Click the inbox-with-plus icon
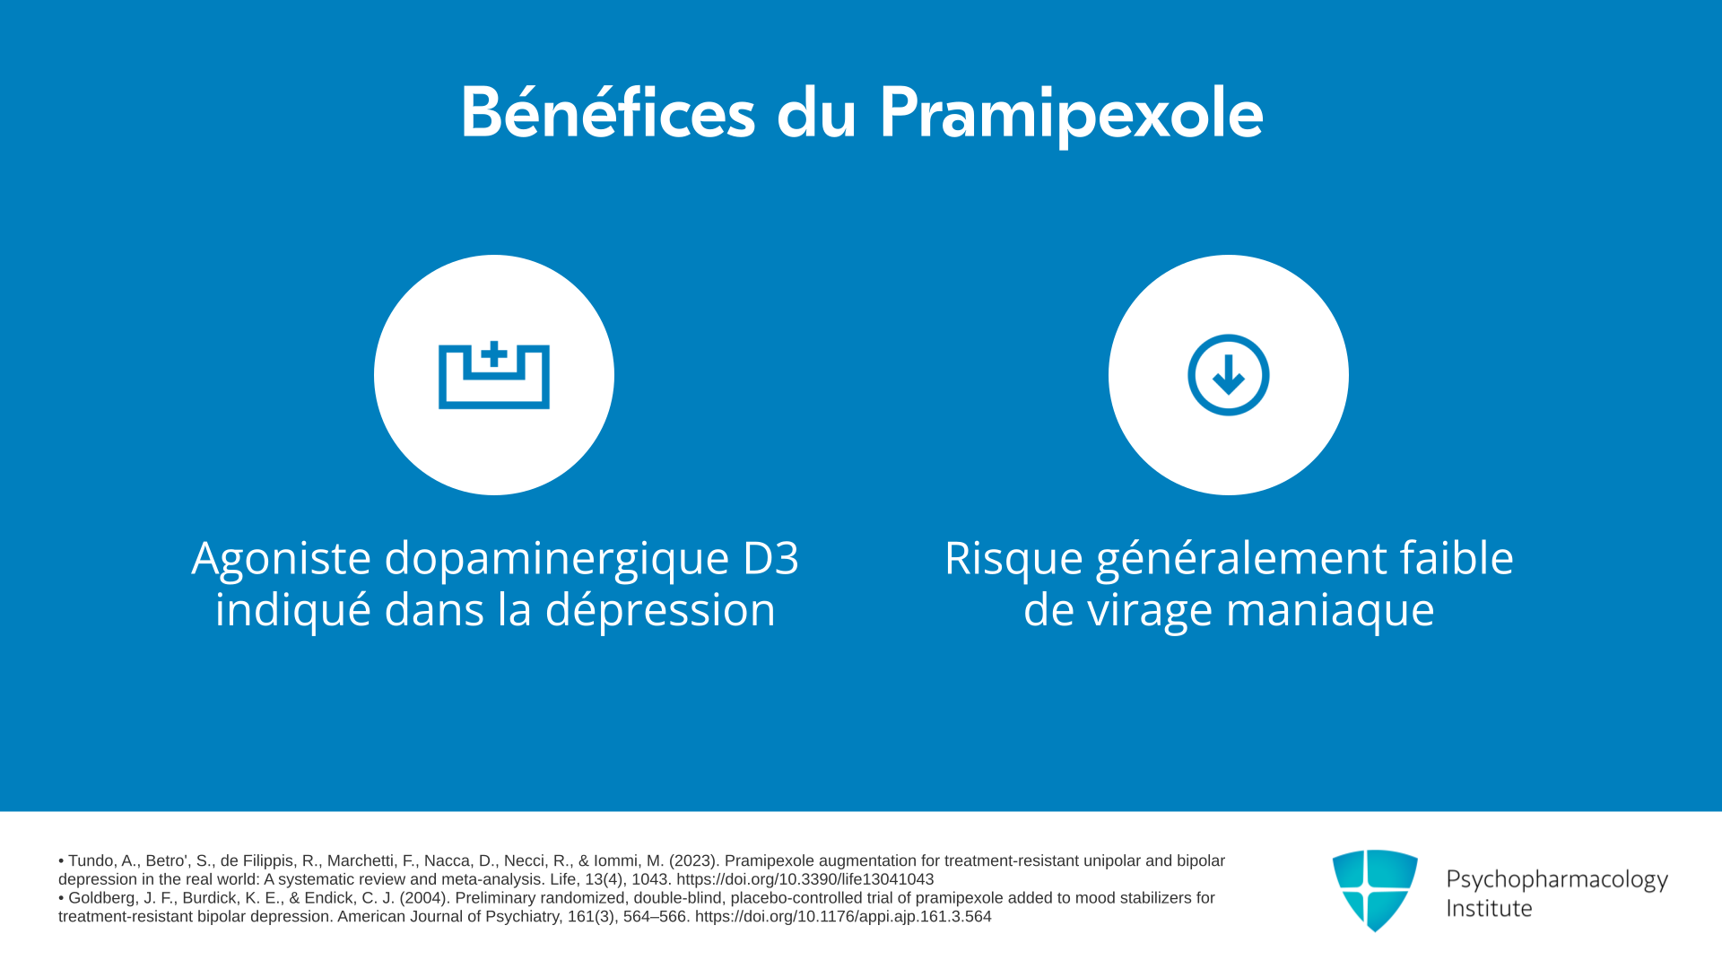click(494, 375)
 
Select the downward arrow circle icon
click(1229, 375)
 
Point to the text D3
click(770, 558)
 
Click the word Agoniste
click(282, 558)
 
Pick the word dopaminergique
click(557, 561)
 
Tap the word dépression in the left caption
click(660, 610)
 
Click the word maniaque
click(1330, 612)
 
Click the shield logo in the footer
click(1375, 890)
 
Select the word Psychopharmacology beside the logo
click(1557, 880)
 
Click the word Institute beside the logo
click(1489, 909)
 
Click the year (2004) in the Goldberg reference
click(422, 898)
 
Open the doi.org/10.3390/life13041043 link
click(805, 880)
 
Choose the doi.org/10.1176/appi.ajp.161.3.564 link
click(843, 917)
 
